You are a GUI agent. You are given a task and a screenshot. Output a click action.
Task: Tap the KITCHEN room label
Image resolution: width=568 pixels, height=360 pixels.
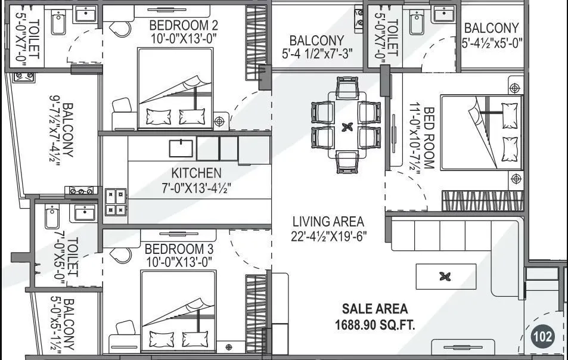196,173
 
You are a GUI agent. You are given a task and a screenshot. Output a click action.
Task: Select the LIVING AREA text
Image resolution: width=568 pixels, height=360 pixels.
328,222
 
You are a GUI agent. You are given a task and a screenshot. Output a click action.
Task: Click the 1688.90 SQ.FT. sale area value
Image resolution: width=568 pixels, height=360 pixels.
375,325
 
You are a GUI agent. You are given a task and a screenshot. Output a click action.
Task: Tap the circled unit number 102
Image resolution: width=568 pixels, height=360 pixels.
543,337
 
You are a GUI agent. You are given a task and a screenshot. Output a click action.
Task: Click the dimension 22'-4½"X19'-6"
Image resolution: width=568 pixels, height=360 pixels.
328,236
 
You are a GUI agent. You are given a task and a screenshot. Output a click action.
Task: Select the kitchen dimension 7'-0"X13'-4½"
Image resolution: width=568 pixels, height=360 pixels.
196,187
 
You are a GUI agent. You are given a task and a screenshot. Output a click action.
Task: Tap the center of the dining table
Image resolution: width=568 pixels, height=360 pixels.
346,127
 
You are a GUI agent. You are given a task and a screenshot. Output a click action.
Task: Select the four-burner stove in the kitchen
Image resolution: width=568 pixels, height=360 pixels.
116,201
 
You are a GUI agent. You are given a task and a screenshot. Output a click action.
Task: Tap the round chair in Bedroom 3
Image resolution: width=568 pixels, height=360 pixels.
121,255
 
